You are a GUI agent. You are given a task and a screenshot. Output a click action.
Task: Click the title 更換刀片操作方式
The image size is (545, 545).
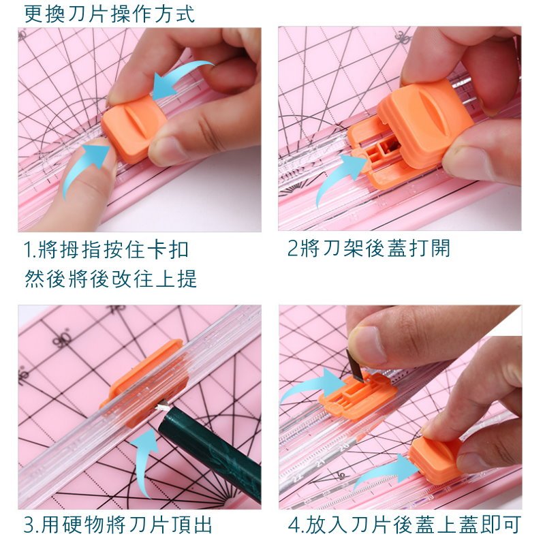click(x=110, y=14)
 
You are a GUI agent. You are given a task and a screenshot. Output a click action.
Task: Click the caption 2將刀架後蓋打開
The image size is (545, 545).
click(x=369, y=248)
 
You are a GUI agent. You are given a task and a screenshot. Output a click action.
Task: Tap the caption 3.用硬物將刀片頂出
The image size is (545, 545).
click(x=118, y=525)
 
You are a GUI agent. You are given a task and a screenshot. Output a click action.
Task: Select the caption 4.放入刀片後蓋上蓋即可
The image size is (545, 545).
click(x=405, y=525)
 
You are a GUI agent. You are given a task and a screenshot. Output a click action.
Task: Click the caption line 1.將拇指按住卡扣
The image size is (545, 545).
click(x=106, y=249)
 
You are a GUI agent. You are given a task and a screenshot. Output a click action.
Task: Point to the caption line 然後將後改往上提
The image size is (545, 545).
click(x=111, y=279)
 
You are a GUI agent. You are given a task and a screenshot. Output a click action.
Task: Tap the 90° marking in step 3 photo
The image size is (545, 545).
click(x=63, y=338)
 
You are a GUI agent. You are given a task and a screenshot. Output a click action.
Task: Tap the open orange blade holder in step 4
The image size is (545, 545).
click(x=358, y=394)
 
